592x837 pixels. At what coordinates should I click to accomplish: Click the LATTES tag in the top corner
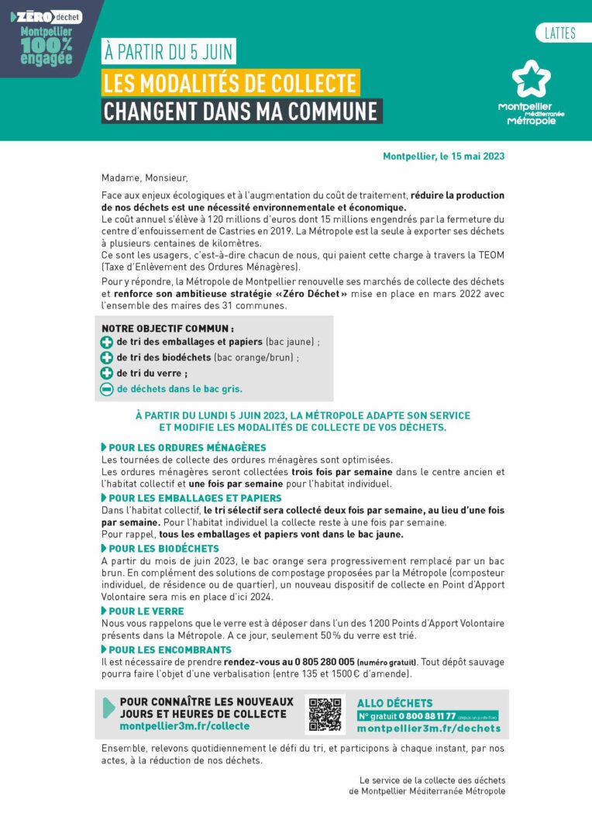559,33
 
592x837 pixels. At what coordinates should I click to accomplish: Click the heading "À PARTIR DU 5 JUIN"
169,53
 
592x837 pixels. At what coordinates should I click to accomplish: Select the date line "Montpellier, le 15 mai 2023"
443,156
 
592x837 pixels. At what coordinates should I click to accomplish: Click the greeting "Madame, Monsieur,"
144,177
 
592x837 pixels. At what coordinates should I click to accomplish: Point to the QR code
325,714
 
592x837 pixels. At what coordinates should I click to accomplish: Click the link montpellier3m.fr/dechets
429,728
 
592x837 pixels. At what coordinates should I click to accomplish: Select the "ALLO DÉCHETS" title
394,703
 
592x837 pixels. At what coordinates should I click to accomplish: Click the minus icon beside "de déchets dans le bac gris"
107,389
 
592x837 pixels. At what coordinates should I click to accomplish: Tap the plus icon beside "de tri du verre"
107,374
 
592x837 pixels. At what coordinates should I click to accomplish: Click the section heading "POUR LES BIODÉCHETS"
163,549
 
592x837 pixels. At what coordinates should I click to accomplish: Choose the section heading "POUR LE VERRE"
146,611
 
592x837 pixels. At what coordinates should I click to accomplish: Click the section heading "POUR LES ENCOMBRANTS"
170,649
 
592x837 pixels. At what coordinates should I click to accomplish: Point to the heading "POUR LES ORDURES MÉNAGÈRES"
187,448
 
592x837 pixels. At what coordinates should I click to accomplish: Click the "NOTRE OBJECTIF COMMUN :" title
167,328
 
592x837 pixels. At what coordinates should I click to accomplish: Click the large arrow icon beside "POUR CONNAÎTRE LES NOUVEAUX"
108,708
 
